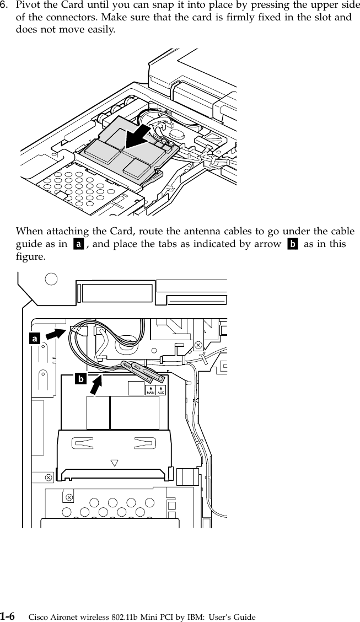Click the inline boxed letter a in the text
click(x=79, y=244)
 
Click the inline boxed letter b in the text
click(x=292, y=244)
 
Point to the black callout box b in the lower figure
click(x=80, y=379)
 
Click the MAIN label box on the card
click(x=150, y=390)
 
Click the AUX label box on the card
click(x=162, y=390)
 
